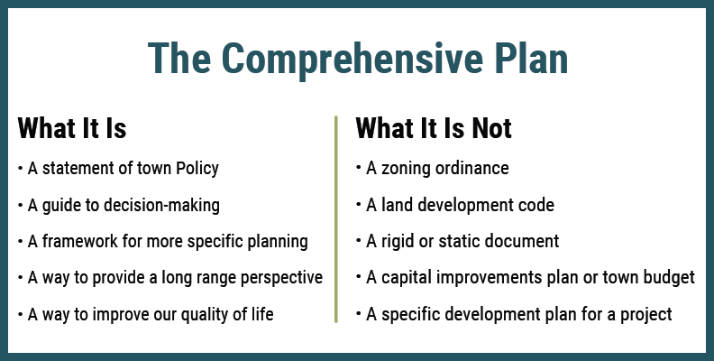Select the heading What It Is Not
click(x=434, y=128)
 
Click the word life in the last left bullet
click(x=261, y=314)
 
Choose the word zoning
click(x=405, y=169)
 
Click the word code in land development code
click(x=535, y=206)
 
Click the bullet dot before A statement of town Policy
click(x=21, y=169)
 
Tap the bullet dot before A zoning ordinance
click(x=359, y=169)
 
